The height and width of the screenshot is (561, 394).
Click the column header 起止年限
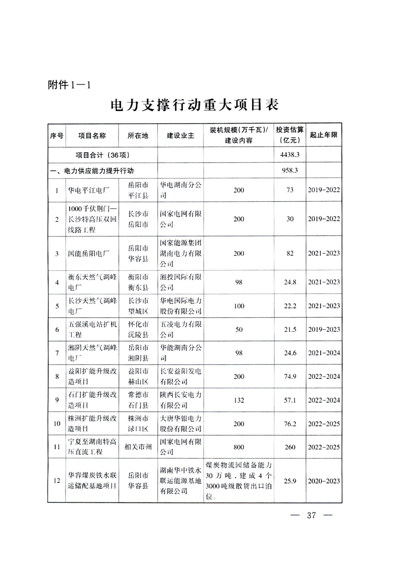point(324,136)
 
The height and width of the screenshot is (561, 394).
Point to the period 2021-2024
point(324,353)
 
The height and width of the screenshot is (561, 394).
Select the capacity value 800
point(238,447)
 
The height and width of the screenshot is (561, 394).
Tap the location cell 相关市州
point(138,447)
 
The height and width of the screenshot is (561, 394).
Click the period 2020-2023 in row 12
point(324,481)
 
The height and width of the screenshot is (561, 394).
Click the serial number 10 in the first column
point(56,423)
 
